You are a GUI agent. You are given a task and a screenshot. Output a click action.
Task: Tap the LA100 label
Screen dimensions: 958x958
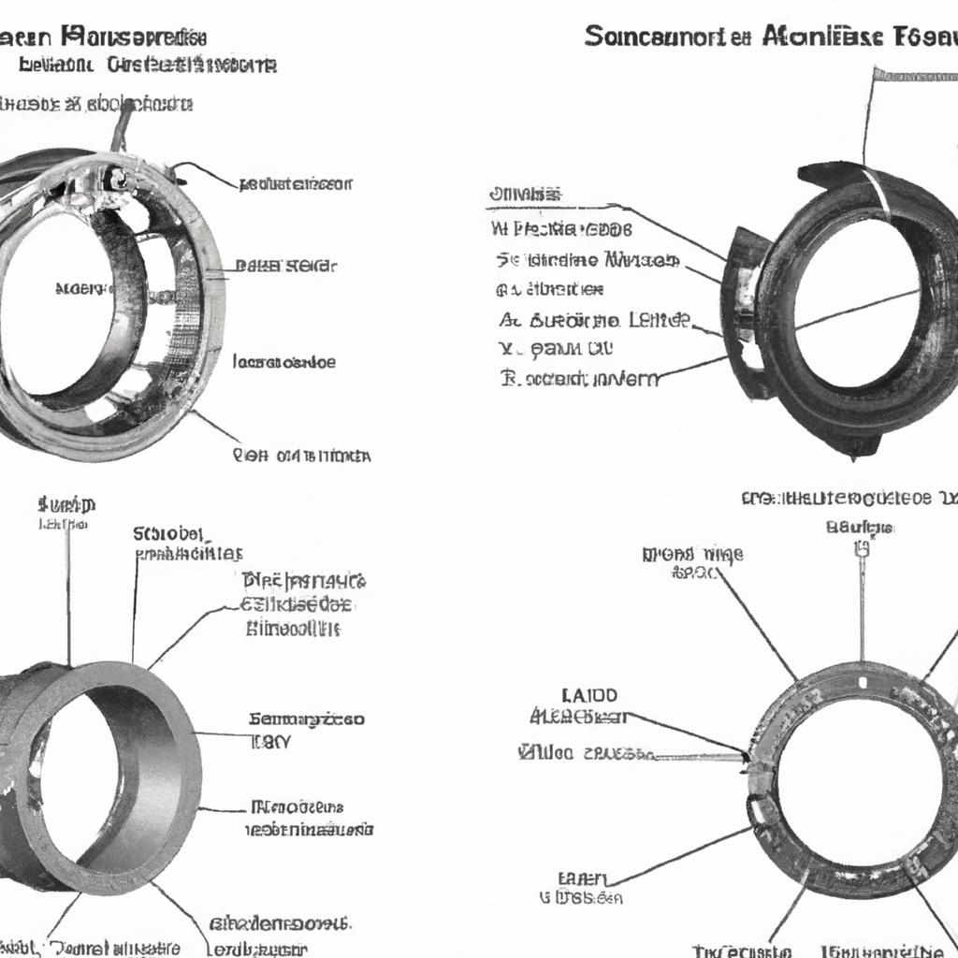pyautogui.click(x=588, y=696)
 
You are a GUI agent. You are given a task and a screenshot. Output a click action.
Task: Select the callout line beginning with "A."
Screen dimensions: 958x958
pyautogui.click(x=594, y=320)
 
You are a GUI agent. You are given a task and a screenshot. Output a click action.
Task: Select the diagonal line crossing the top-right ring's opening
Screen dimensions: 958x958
pyautogui.click(x=856, y=308)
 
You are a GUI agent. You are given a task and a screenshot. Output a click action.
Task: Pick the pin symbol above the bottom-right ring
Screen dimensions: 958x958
pyautogui.click(x=860, y=552)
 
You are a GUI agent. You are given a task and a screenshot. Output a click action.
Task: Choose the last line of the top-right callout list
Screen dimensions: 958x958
pyautogui.click(x=579, y=378)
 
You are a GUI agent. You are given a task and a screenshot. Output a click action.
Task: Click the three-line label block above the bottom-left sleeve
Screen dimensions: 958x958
pyautogui.click(x=303, y=604)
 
